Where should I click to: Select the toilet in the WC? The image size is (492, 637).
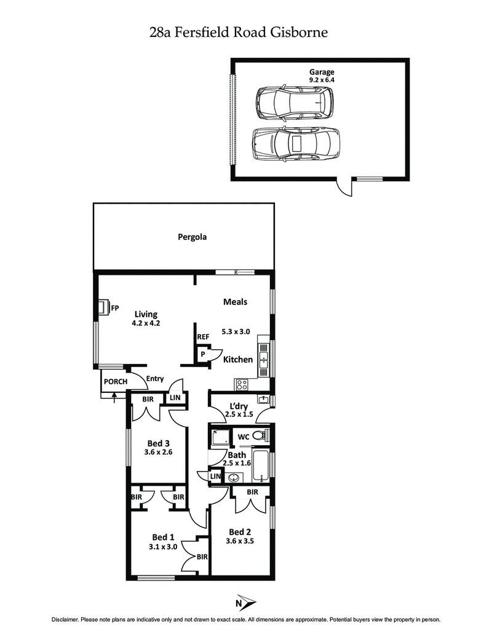[x=261, y=436]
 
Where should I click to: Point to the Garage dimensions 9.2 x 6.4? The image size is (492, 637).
[x=322, y=79]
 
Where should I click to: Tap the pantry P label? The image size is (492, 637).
[x=202, y=355]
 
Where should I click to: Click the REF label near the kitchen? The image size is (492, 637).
[x=203, y=337]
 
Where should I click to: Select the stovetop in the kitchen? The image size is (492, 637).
[x=242, y=385]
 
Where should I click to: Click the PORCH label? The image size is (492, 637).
[x=116, y=382]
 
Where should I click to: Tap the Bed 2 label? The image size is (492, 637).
[x=240, y=532]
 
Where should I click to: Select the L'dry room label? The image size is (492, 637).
[x=239, y=406]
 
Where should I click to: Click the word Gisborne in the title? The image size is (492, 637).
[x=301, y=33]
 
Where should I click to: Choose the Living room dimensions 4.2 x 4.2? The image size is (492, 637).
[x=146, y=323]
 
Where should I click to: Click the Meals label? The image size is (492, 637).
[x=236, y=301]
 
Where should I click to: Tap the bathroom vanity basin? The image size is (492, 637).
[x=234, y=478]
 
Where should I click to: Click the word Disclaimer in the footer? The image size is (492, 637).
[x=67, y=620]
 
